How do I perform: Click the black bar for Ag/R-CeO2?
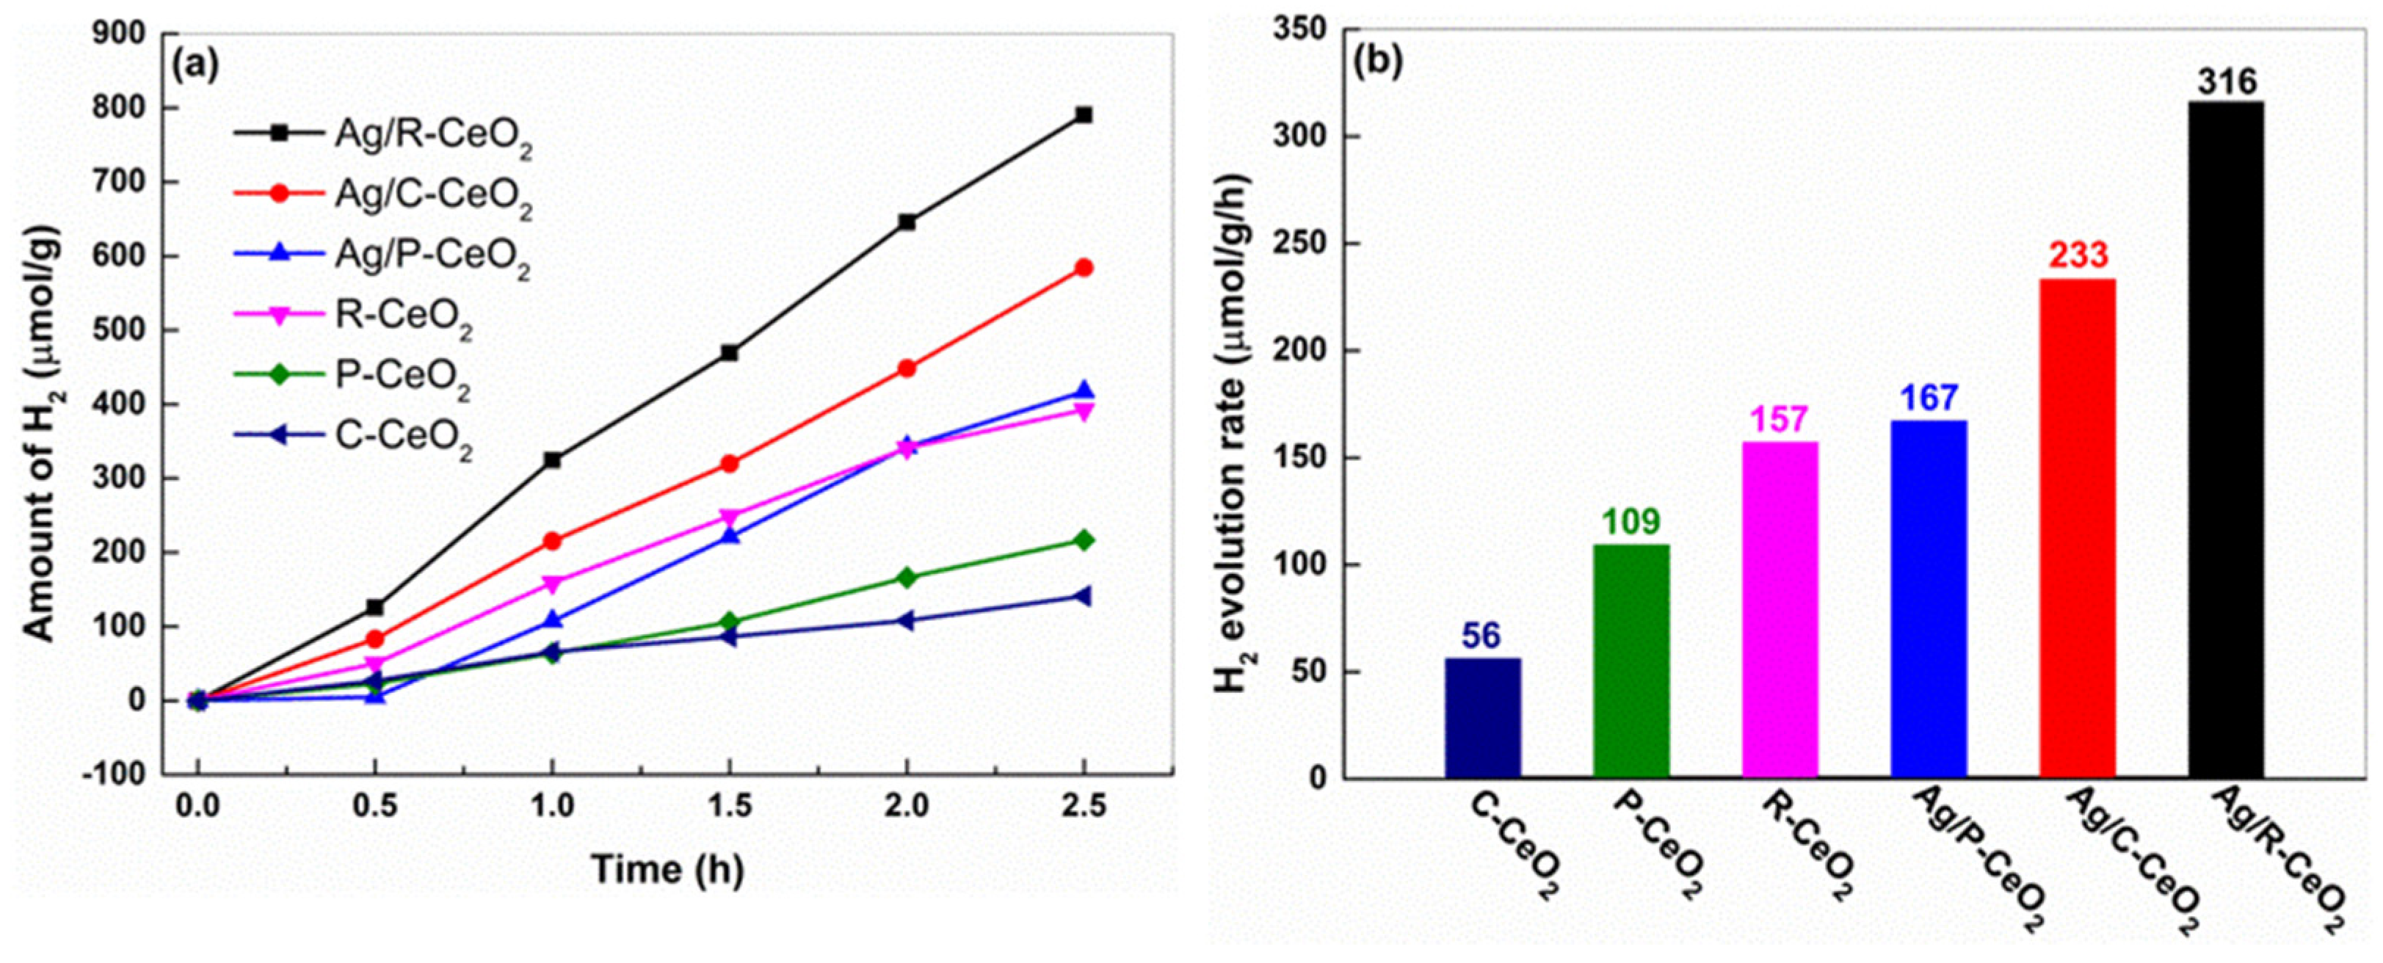[2227, 440]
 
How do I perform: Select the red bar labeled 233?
[2078, 527]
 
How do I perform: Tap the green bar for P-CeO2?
[1631, 661]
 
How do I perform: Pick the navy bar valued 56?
[1482, 718]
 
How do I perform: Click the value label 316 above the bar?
[2227, 81]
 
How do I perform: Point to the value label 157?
[1780, 420]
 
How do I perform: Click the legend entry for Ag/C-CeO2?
[432, 197]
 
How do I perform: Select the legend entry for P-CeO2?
[402, 377]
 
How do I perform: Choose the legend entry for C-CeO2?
[402, 437]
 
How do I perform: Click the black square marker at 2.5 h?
[1084, 115]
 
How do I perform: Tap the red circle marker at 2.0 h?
[907, 368]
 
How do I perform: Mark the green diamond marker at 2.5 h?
[1084, 540]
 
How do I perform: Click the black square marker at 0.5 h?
[374, 608]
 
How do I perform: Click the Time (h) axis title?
[667, 870]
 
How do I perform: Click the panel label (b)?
[1377, 61]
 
